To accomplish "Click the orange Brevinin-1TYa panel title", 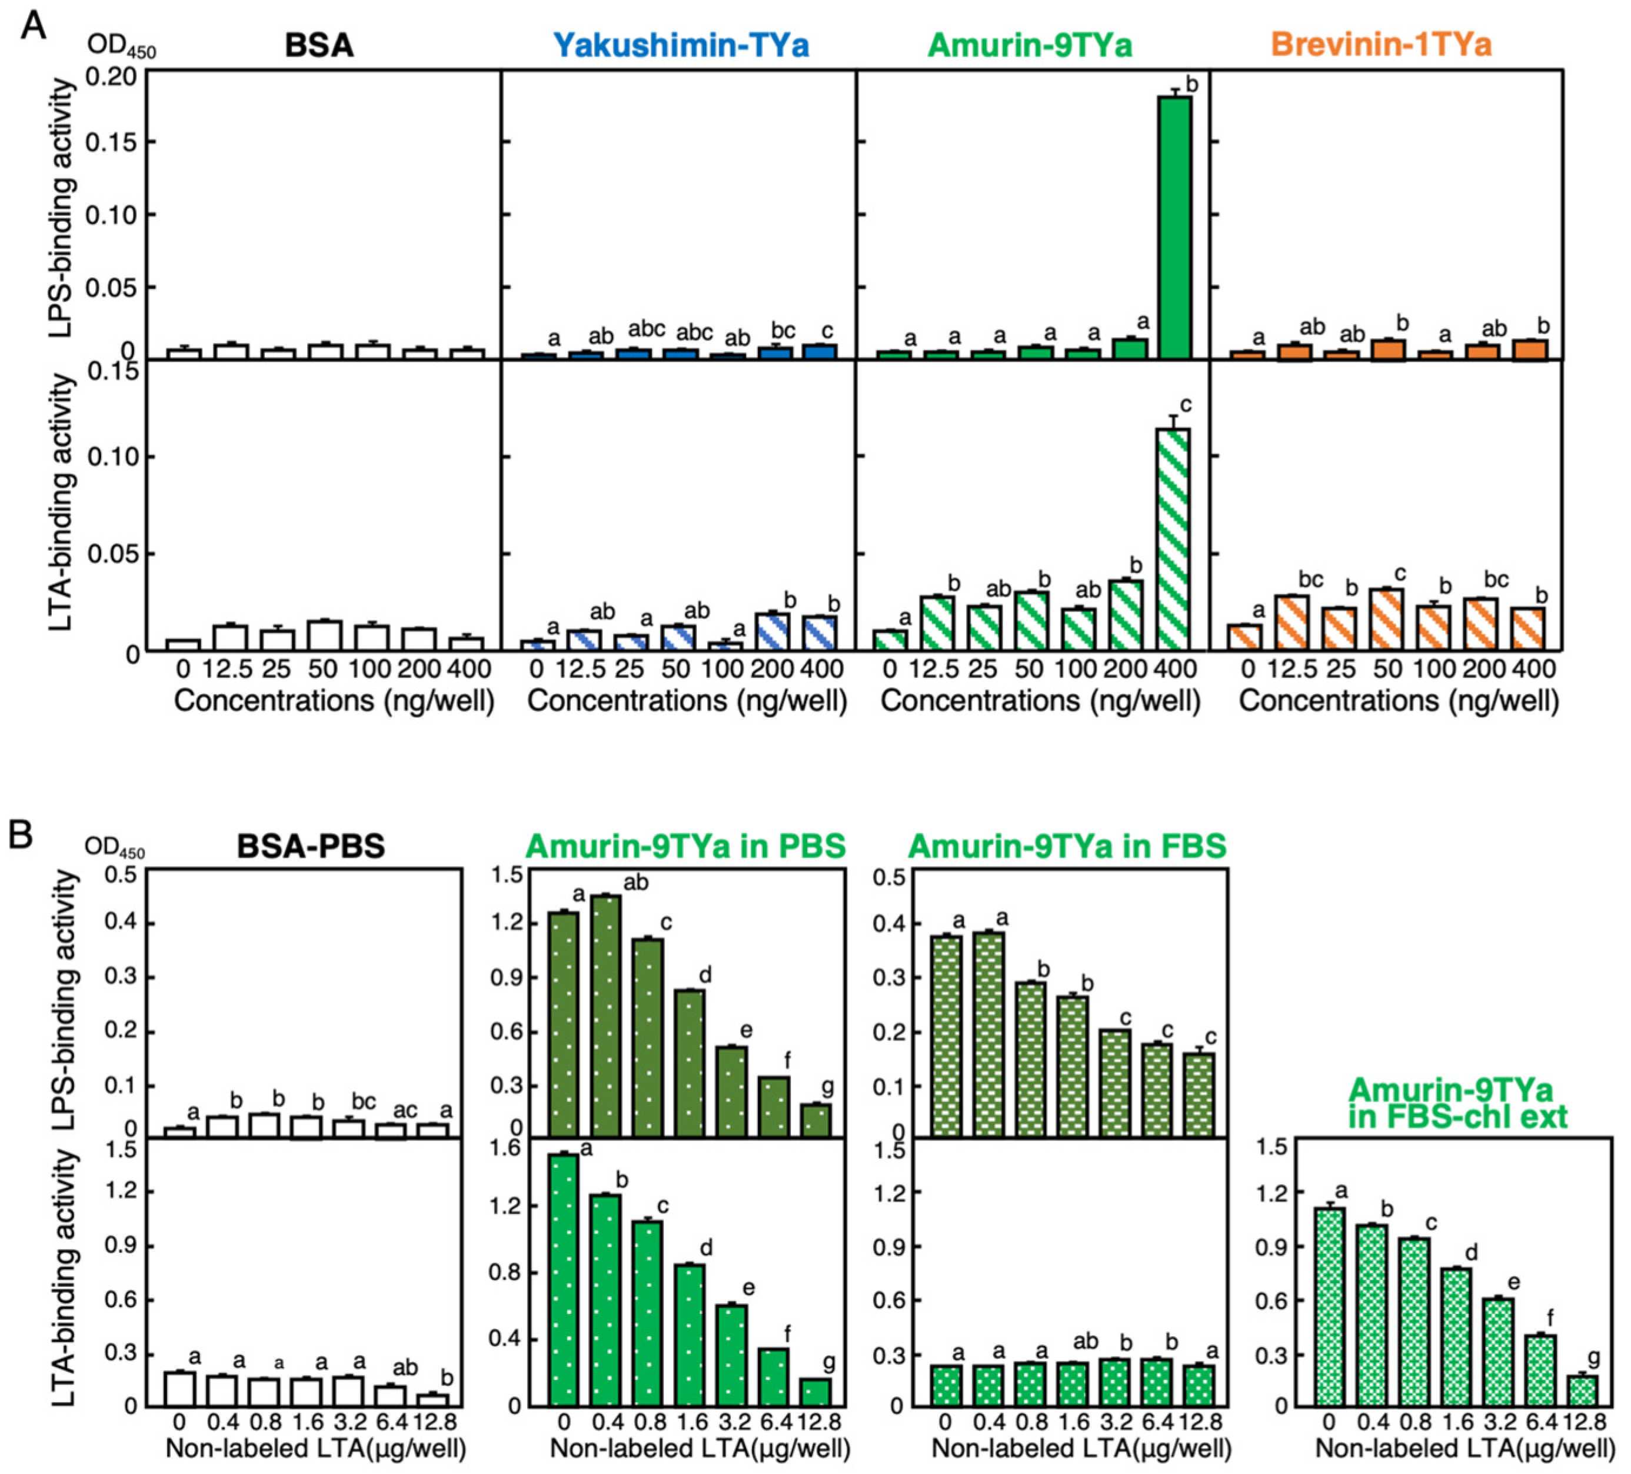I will tap(1380, 45).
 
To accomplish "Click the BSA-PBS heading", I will tap(311, 846).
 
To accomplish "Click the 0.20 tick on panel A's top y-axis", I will tap(113, 78).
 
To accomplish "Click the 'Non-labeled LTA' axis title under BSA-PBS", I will tap(315, 1448).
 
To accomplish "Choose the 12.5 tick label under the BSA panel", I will tap(229, 670).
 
